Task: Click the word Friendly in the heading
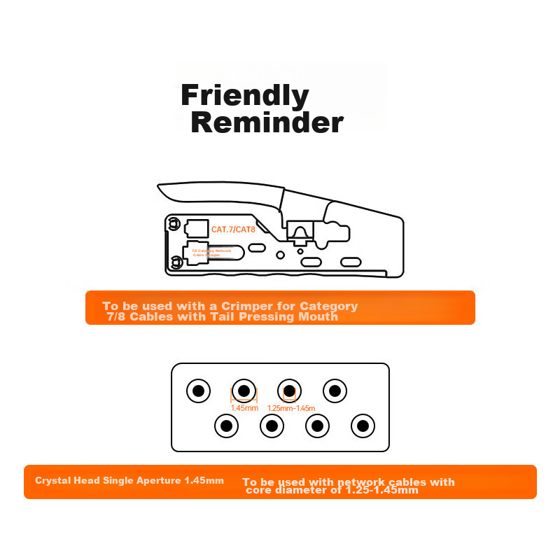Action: point(244,95)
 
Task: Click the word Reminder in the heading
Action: point(267,122)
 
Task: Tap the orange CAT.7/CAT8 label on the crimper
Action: point(234,229)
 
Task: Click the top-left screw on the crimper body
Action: point(171,224)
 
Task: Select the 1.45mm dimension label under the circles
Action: point(244,408)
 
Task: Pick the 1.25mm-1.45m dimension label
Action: point(291,408)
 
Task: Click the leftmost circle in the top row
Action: point(198,391)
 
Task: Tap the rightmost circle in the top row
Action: point(335,391)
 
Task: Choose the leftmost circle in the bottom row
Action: point(226,425)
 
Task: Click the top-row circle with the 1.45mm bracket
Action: point(244,391)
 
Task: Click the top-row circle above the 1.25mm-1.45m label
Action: point(290,391)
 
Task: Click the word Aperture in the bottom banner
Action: point(159,481)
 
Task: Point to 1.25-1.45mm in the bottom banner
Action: point(381,490)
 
